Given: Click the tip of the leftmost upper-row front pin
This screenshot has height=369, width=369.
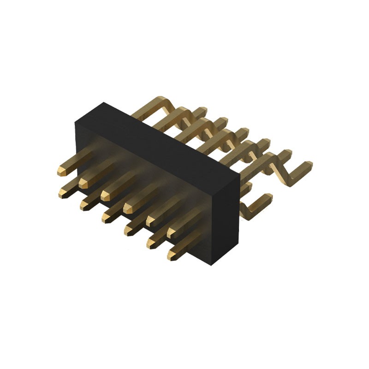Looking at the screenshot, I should click(61, 172).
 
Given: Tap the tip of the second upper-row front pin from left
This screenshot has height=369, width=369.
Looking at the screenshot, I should click(83, 183).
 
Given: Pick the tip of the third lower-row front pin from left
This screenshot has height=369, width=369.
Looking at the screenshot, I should click(106, 217).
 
